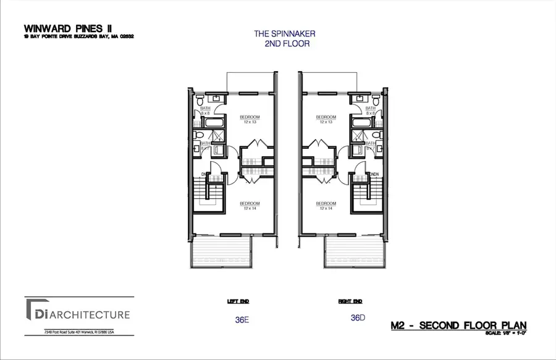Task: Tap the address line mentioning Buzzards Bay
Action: point(78,36)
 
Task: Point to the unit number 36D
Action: point(356,318)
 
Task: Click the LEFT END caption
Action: point(239,302)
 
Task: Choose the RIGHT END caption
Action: point(350,302)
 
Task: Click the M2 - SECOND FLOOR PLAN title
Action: point(460,325)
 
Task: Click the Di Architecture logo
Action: point(78,315)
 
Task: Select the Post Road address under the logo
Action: point(79,332)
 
